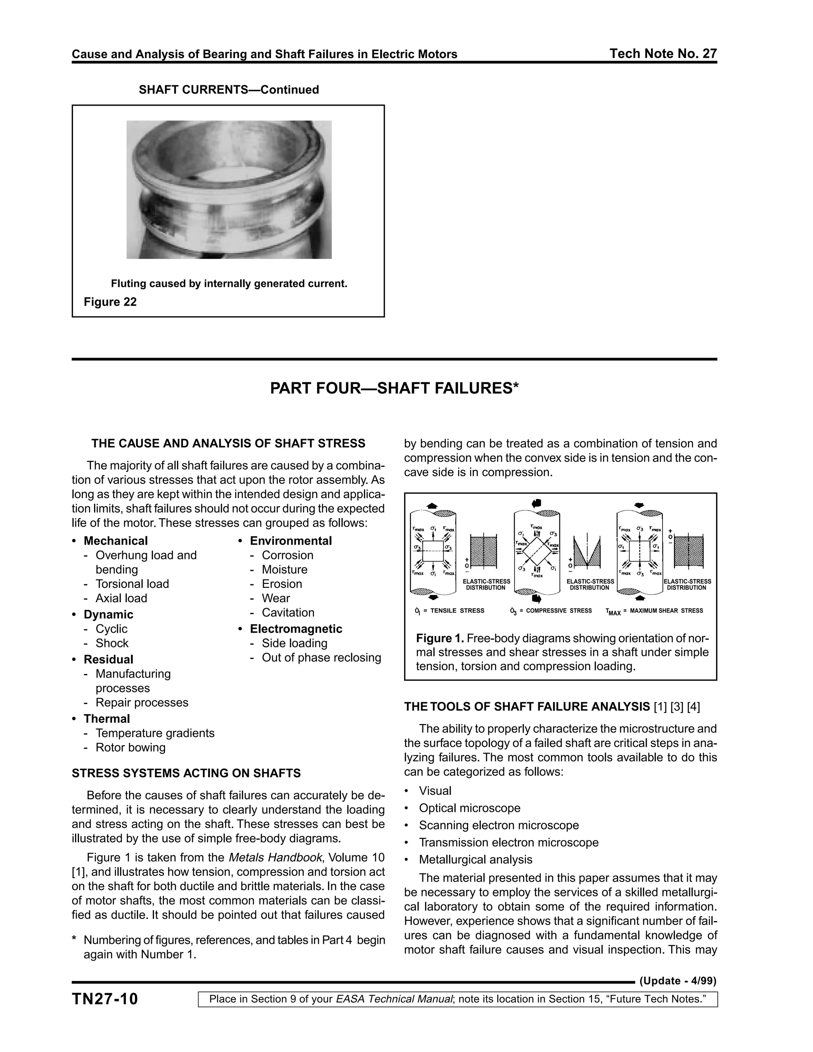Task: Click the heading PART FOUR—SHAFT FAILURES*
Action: [x=394, y=388]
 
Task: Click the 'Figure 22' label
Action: [x=110, y=302]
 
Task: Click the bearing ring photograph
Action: [x=229, y=189]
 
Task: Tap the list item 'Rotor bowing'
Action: [x=130, y=748]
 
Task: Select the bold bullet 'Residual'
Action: [x=108, y=659]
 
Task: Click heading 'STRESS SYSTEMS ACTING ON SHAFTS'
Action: [x=186, y=774]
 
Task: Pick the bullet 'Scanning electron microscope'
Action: [x=499, y=825]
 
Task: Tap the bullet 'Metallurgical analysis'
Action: [x=475, y=860]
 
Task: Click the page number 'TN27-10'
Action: [x=105, y=999]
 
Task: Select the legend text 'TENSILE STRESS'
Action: [x=457, y=611]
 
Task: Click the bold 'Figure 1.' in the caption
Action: [x=440, y=639]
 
